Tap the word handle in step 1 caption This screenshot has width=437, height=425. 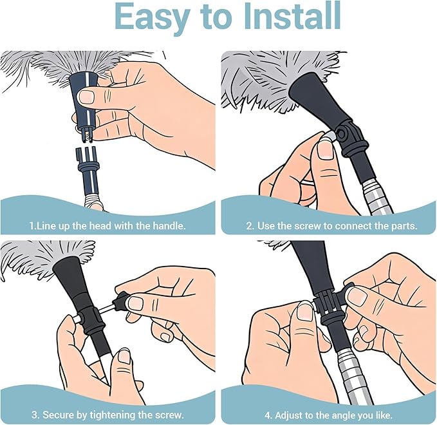coord(169,225)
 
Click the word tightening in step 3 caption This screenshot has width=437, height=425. coord(113,415)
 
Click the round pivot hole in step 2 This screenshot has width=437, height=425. coord(340,134)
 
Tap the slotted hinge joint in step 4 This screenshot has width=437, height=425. coord(328,304)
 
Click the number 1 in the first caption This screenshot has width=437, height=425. coord(32,225)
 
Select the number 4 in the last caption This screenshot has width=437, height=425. coord(268,415)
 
